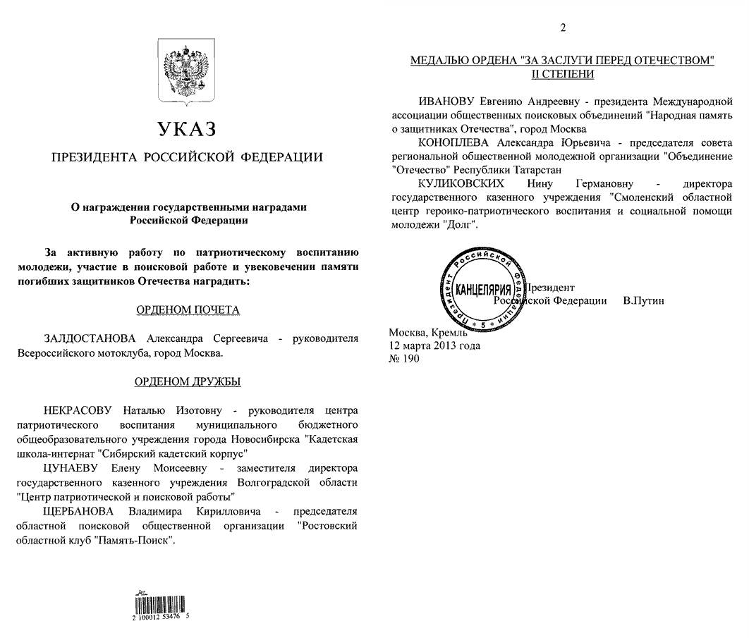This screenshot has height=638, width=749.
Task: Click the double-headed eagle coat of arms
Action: [187, 70]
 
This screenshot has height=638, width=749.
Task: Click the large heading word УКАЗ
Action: [187, 129]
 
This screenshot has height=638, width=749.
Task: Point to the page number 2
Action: [562, 28]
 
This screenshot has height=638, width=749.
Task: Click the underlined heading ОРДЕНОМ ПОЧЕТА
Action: [187, 309]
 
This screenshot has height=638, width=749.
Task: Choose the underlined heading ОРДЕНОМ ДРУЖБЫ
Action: [187, 382]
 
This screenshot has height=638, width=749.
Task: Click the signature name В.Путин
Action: [643, 300]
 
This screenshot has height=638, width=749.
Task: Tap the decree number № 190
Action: [404, 359]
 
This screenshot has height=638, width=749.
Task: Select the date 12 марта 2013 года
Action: [434, 345]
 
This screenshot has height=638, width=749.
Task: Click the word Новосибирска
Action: [269, 439]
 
